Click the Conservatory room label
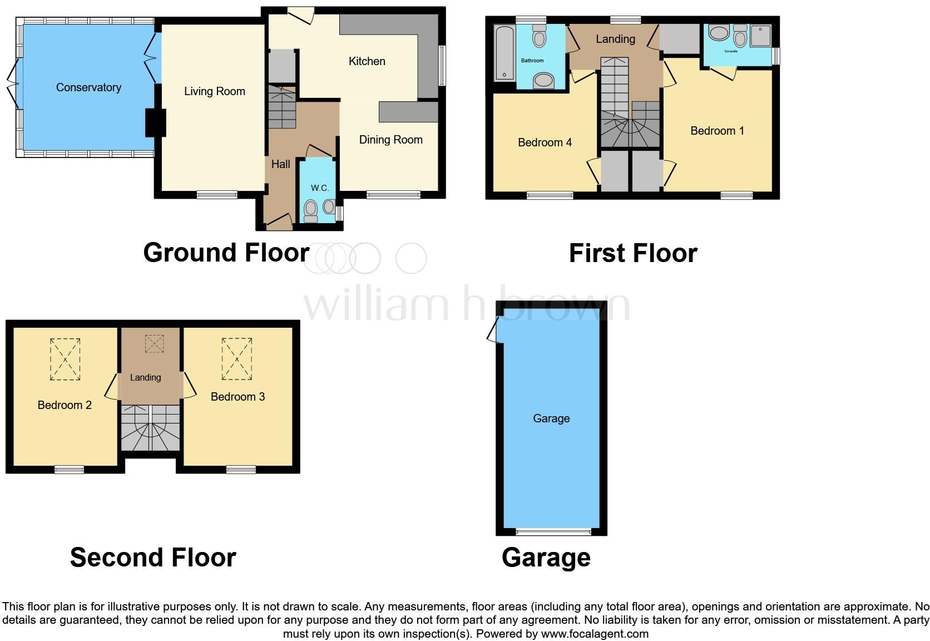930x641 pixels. tap(88, 87)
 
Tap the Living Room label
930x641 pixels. tap(214, 91)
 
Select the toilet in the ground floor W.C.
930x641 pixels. tap(310, 211)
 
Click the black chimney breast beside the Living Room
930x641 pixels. tap(155, 122)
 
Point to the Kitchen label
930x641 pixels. tap(367, 61)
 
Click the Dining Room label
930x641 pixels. tap(390, 140)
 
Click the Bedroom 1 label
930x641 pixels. tap(716, 131)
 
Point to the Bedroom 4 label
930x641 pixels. tap(544, 142)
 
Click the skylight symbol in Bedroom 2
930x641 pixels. tap(65, 359)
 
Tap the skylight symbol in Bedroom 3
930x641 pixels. tap(237, 359)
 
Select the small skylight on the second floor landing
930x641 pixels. tap(154, 343)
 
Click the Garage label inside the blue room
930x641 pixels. tap(551, 418)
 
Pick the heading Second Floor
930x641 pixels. tap(153, 557)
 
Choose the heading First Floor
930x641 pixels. tap(632, 253)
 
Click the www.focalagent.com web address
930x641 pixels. tap(594, 634)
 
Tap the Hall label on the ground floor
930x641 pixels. tap(280, 164)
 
